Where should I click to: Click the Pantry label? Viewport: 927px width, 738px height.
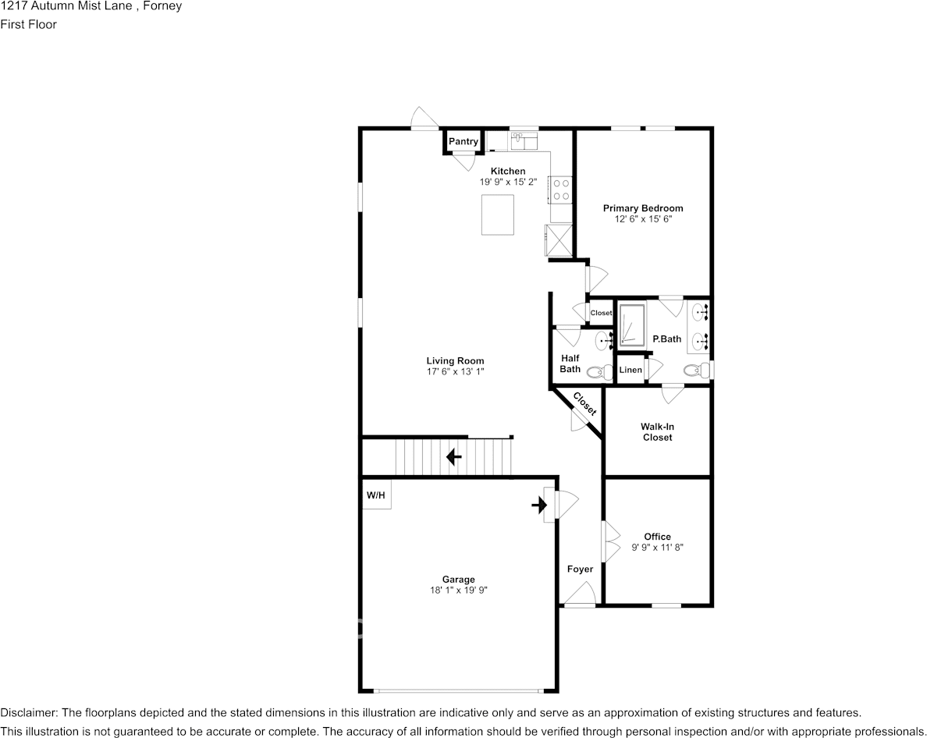click(463, 141)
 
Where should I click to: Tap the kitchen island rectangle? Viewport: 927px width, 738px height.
click(498, 215)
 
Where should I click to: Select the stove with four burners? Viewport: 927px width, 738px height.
click(561, 189)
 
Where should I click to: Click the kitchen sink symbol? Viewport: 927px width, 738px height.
click(524, 140)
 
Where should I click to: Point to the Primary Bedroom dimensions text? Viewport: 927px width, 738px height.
click(643, 220)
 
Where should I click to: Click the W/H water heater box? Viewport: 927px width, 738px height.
click(376, 495)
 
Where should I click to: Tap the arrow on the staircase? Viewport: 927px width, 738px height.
click(453, 457)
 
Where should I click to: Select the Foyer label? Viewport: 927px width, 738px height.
click(580, 569)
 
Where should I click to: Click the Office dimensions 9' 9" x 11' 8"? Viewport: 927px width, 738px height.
click(658, 548)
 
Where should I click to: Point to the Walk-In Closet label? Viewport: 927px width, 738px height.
click(657, 432)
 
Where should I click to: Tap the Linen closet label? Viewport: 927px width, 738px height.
click(630, 370)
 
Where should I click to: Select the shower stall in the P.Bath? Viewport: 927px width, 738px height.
click(632, 325)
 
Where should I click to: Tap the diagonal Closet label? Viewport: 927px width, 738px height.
click(584, 403)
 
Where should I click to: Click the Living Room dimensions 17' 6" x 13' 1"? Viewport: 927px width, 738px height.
click(455, 372)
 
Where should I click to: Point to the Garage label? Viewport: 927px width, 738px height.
click(458, 580)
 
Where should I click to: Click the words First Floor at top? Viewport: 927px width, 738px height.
click(28, 24)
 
